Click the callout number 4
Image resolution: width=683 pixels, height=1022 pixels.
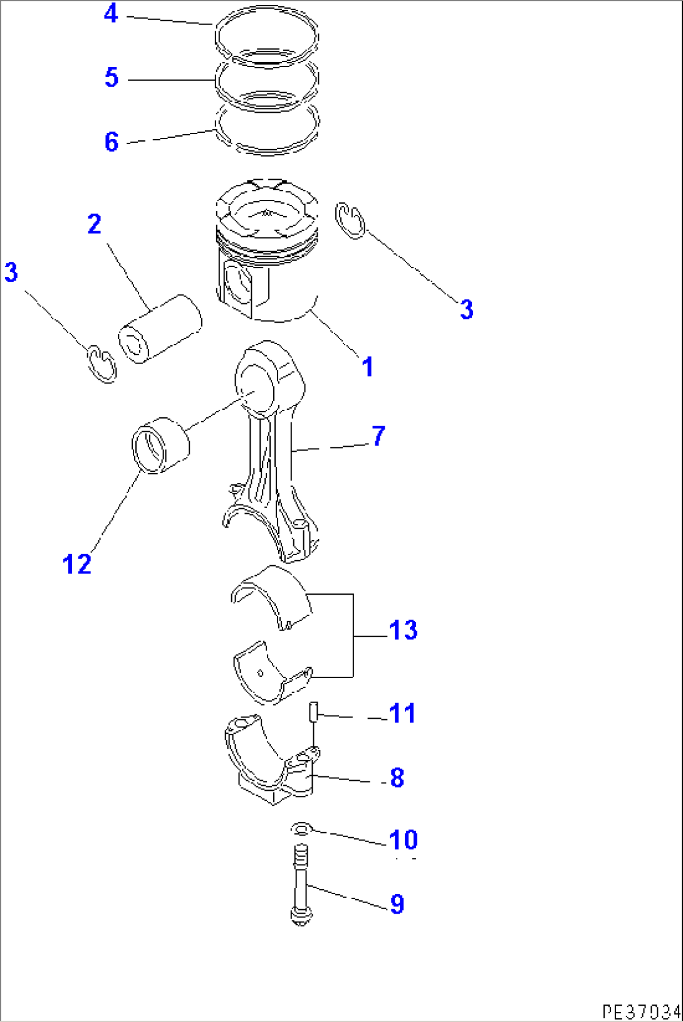point(111,13)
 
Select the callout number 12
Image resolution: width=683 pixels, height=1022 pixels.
point(77,565)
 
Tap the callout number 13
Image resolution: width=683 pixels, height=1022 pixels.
point(403,630)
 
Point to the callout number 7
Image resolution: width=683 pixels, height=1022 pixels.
point(378,436)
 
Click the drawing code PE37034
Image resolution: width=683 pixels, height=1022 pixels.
point(640,1011)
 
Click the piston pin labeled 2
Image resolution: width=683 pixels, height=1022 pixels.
point(160,328)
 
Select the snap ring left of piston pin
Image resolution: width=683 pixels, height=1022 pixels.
point(101,363)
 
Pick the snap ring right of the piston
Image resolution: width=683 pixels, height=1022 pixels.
point(350,221)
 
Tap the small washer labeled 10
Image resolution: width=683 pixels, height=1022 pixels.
point(301,830)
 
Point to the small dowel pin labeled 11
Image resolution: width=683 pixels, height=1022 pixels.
point(313,712)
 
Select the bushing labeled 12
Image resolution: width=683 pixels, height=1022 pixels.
point(160,446)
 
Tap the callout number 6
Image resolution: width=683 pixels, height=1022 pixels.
point(112,142)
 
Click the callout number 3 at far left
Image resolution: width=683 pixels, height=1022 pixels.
point(11,273)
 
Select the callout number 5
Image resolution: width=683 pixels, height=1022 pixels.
point(112,78)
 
